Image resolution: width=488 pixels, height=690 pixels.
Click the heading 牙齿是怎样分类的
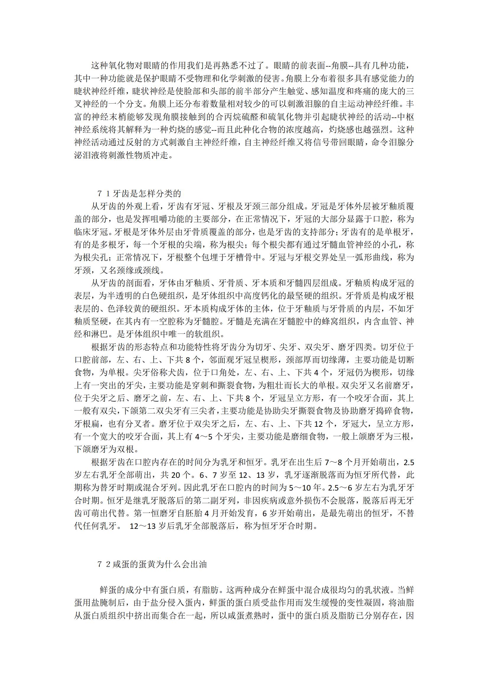147,193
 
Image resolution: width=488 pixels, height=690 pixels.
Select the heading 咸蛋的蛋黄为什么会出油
159,564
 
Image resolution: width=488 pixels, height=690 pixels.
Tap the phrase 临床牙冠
91,232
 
